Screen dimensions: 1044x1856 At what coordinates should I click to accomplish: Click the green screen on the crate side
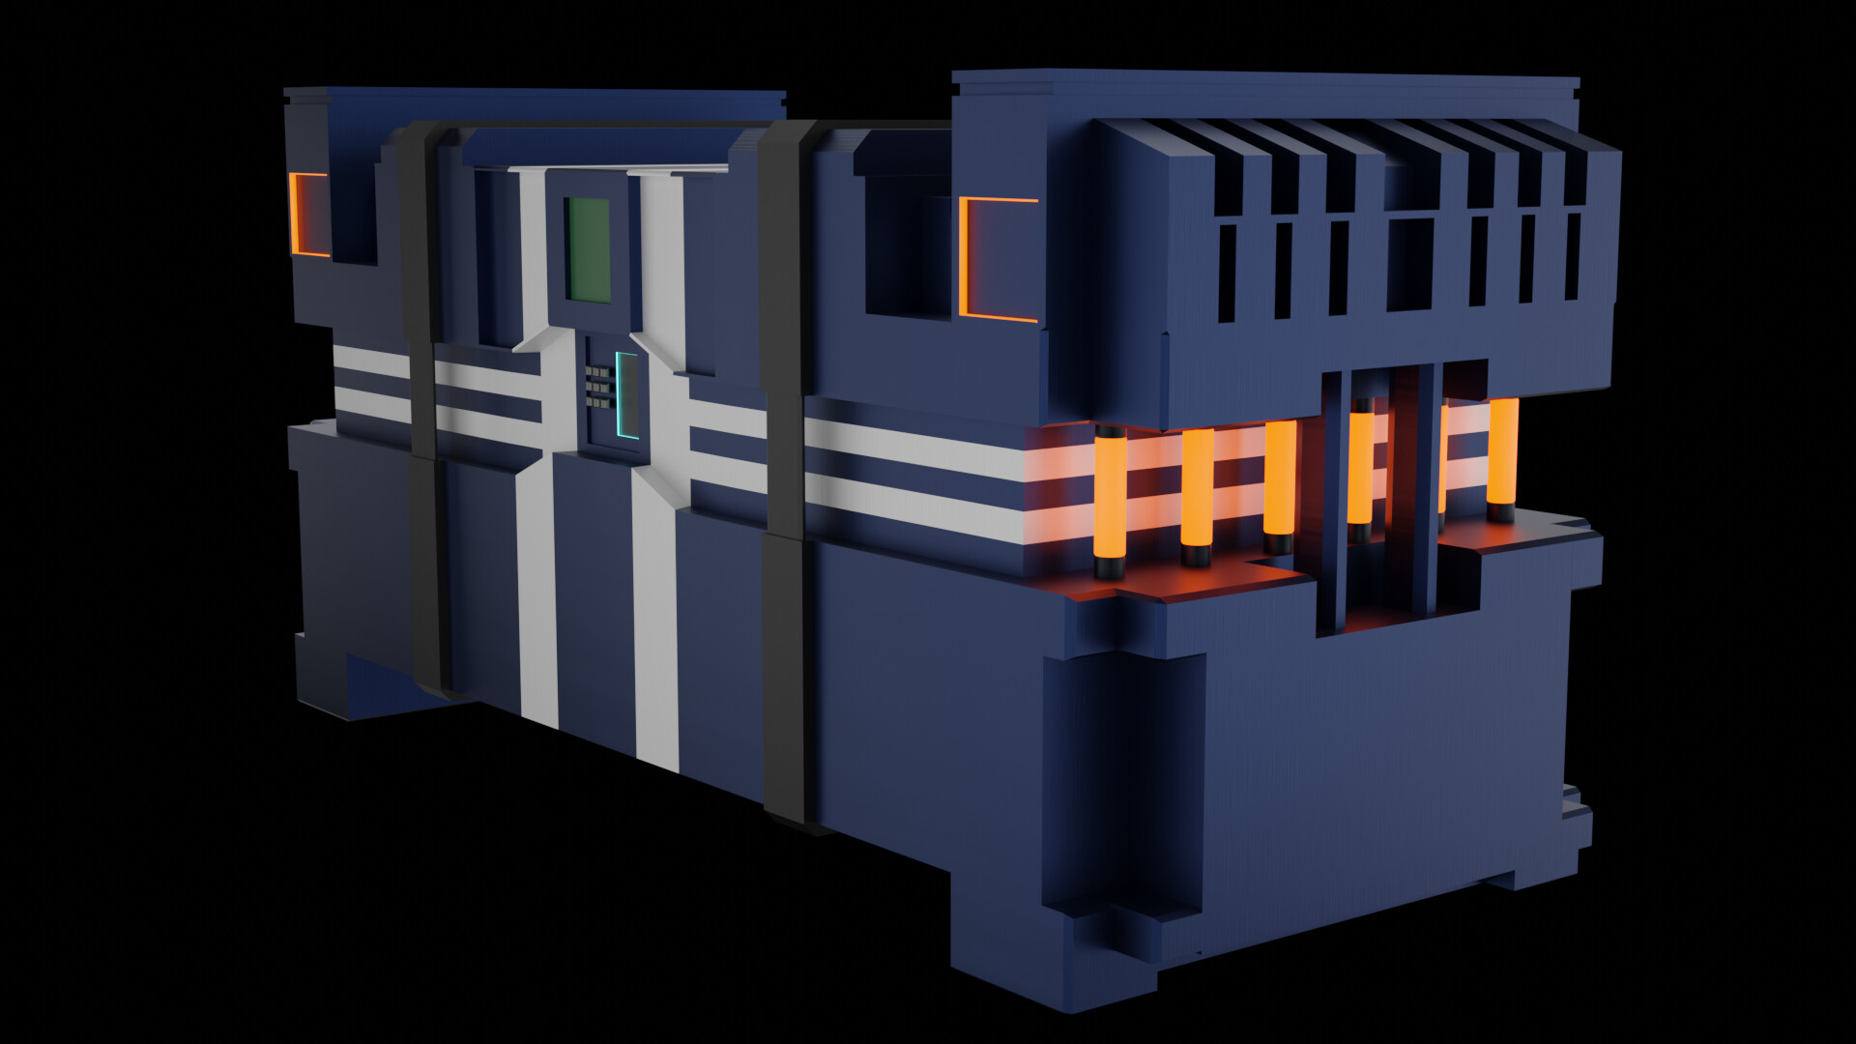588,249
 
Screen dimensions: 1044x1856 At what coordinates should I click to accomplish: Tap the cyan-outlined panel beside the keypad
627,395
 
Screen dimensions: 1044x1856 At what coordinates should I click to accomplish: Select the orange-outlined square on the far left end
309,215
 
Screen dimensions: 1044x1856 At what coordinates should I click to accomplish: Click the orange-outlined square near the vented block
998,259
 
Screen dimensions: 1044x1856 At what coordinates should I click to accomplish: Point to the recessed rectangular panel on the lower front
1126,783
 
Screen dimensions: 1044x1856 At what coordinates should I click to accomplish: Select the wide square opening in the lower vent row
1410,264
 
